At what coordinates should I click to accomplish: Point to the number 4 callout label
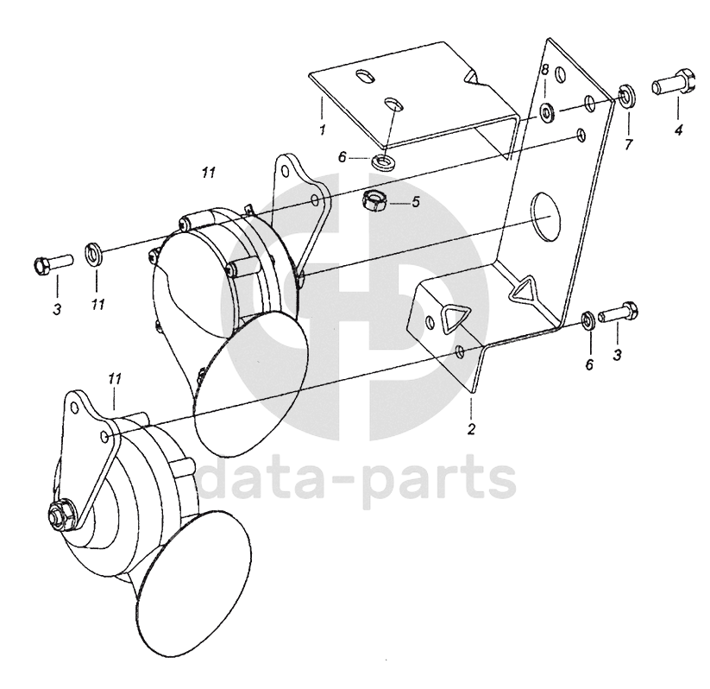click(677, 130)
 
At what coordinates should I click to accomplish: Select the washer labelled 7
click(625, 95)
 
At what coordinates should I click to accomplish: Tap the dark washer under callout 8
click(547, 111)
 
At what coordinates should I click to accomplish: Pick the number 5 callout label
click(415, 203)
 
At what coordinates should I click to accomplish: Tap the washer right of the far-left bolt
click(94, 254)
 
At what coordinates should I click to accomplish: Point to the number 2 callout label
click(472, 429)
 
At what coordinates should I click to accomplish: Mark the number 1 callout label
click(321, 130)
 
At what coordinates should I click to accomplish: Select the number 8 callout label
click(544, 68)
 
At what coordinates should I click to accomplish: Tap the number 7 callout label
click(627, 144)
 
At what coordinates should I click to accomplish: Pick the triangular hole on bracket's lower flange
click(449, 320)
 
